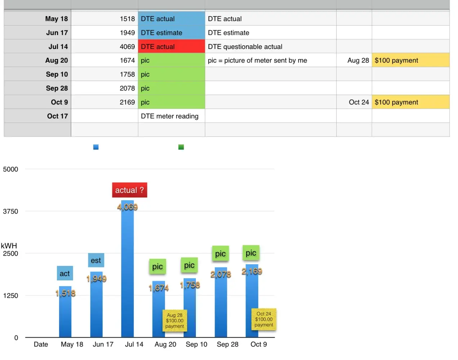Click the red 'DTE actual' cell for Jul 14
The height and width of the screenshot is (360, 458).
[171, 47]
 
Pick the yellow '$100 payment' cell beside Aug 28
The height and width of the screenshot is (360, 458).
[410, 60]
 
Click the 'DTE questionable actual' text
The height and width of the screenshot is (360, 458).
[245, 47]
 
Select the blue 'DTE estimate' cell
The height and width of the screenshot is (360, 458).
[171, 33]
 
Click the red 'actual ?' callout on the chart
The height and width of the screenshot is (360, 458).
[129, 190]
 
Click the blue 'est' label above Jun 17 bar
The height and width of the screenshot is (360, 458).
[96, 260]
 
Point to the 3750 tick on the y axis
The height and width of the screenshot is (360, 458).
[10, 211]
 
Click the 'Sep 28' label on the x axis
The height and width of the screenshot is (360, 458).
[228, 345]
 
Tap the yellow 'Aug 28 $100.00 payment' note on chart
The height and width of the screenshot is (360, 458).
[175, 320]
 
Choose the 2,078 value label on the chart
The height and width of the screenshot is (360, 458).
[221, 274]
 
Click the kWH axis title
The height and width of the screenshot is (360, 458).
[9, 246]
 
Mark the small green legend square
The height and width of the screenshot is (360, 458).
[181, 147]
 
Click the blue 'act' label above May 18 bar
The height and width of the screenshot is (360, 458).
[65, 273]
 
